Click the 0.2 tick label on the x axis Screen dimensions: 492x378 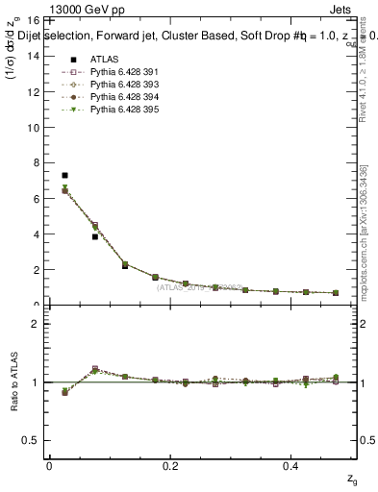point(170,465)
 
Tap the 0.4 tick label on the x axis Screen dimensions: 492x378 point(293,465)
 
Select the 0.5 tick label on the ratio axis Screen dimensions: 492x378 point(32,440)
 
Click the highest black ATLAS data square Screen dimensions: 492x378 point(64,176)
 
